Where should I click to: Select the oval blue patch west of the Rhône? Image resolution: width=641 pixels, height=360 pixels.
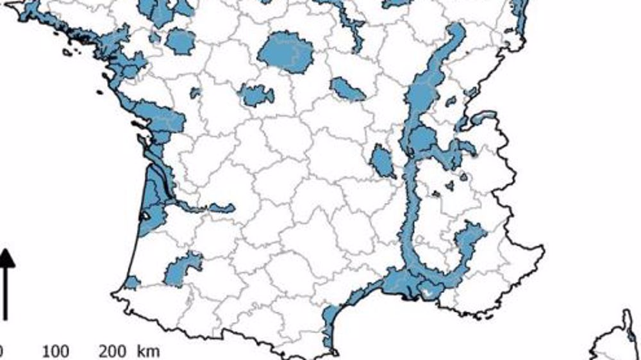coord(384,162)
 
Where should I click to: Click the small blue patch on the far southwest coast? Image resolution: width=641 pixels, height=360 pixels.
coord(131,282)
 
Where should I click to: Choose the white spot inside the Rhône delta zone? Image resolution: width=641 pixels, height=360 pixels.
coord(428,293)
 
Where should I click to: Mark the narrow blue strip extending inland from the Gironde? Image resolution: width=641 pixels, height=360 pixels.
coord(205,208)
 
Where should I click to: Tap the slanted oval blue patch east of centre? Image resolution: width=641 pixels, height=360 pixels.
coord(348,88)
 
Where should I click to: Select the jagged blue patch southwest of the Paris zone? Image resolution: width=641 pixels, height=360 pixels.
coord(257,95)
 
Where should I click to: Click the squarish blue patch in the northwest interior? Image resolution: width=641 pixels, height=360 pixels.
coord(180,42)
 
